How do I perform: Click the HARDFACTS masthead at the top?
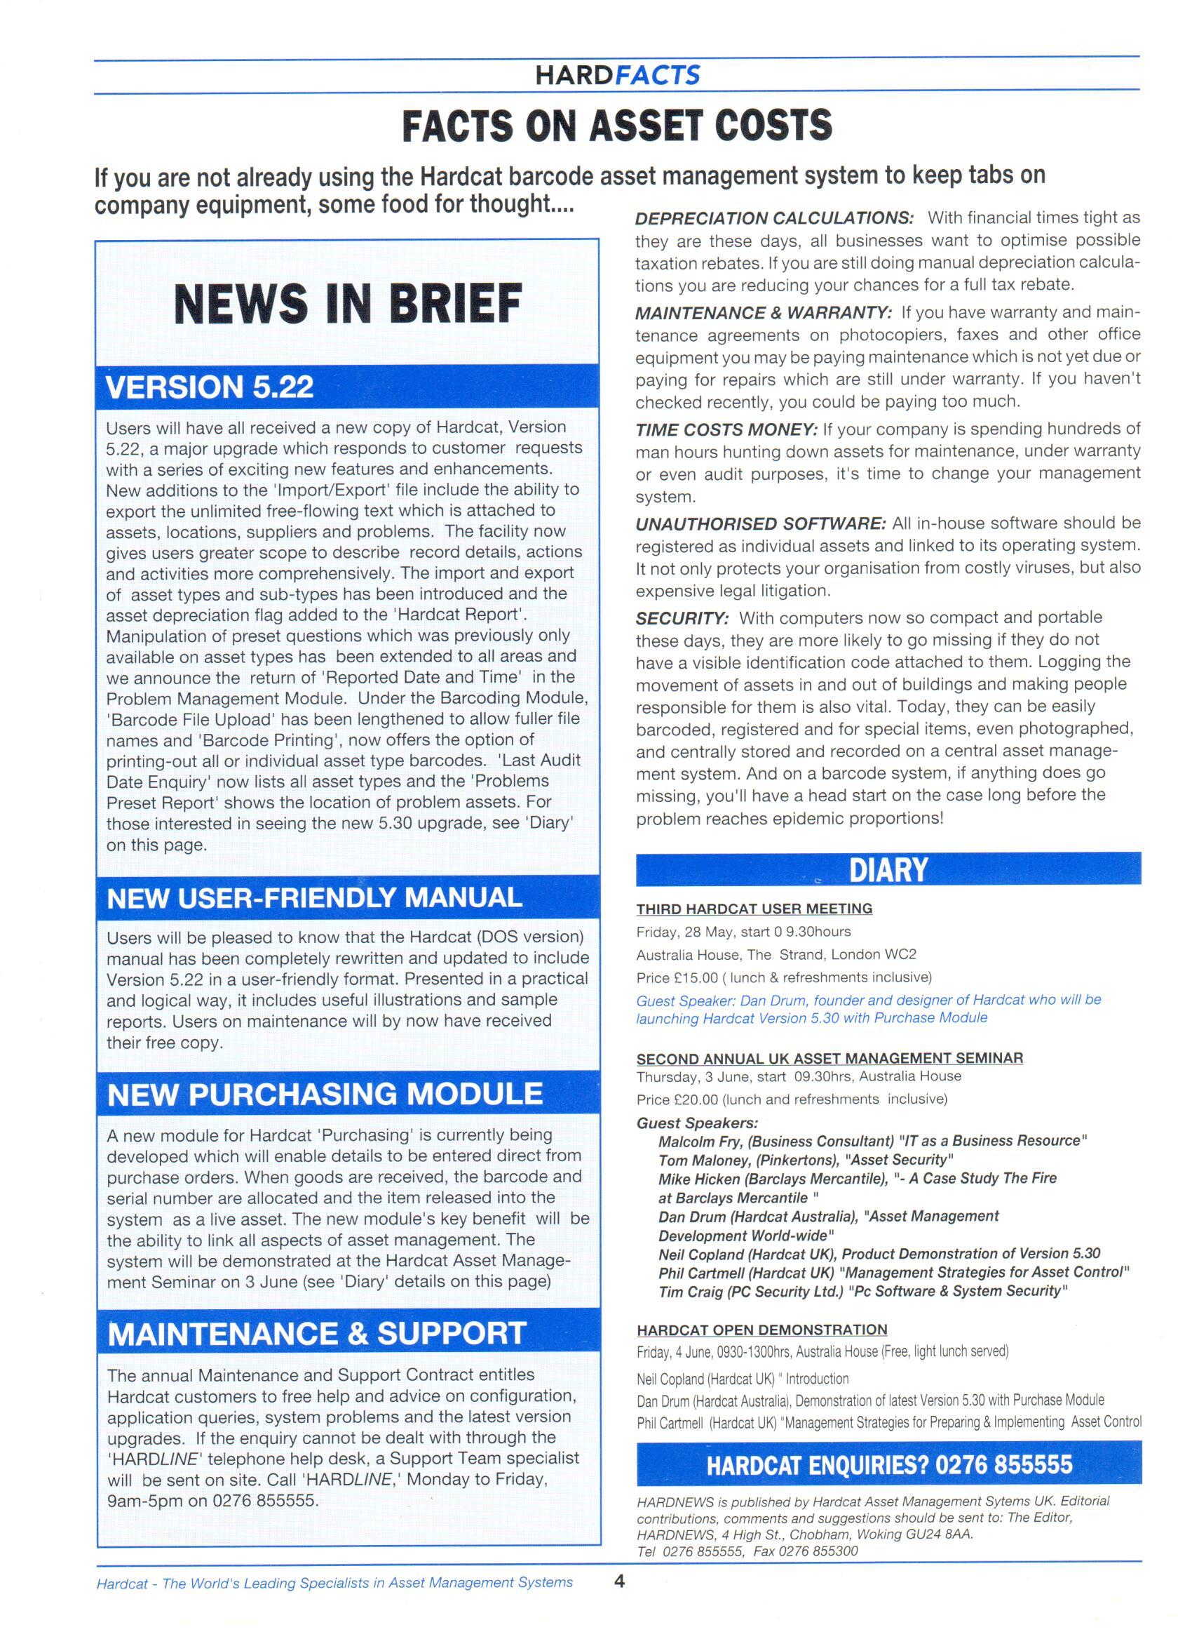[617, 75]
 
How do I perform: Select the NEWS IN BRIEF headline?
[347, 303]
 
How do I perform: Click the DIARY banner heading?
[888, 870]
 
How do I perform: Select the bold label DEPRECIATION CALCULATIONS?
[774, 218]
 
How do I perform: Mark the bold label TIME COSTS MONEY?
[726, 430]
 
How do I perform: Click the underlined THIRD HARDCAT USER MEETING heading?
[754, 909]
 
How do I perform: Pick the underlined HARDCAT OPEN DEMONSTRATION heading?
[762, 1330]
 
